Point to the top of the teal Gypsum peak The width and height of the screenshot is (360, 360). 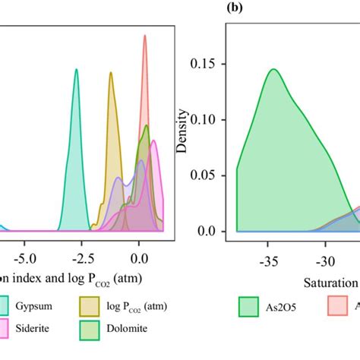tap(77, 69)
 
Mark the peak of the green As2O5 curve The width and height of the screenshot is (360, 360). tap(273, 69)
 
